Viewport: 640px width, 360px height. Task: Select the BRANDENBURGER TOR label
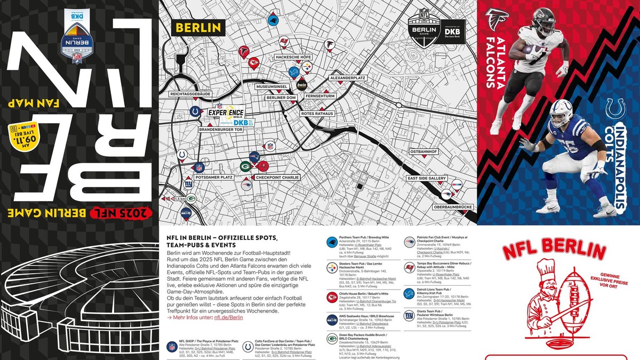221,129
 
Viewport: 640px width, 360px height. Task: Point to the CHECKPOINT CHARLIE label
277,177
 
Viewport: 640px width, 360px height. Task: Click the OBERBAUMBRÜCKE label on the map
454,207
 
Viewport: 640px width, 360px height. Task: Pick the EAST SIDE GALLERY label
426,178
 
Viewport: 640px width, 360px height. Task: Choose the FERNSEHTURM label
319,97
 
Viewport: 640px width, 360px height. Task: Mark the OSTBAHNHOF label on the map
424,151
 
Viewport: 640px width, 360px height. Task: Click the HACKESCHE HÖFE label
293,57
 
